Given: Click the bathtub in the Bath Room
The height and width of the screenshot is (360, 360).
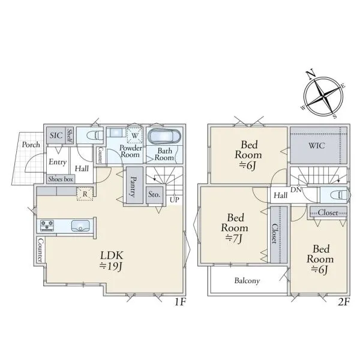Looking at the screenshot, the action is point(164,137).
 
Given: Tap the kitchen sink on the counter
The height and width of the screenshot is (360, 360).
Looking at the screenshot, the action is point(80,226).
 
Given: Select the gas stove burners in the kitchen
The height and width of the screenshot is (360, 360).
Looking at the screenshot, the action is point(47,225).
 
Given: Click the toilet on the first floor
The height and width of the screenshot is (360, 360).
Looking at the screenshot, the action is point(95,135).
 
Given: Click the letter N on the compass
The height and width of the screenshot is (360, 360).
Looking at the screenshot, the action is point(311,74).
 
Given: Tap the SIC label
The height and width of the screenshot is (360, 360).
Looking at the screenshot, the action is point(56,135).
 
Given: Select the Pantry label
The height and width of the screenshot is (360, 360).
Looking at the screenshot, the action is point(133,186).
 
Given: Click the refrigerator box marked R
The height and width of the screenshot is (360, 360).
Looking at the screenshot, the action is point(85,194).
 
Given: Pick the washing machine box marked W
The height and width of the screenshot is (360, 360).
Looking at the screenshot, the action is point(135,135).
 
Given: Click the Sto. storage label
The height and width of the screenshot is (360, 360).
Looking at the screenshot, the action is point(154,194).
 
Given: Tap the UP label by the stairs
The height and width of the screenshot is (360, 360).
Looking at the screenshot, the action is point(174,200).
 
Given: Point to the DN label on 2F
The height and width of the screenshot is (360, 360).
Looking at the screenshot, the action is point(296,190).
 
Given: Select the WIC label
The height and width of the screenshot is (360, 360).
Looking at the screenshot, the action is point(317,146).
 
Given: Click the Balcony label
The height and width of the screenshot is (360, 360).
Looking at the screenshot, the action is point(247,281).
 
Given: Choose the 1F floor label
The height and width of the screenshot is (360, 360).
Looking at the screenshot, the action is point(180,301).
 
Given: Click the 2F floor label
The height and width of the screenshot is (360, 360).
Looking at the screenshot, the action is point(343,301).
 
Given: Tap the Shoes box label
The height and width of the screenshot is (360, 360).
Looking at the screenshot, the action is point(61,179).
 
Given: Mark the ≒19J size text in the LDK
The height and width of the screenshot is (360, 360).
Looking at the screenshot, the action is point(112,266).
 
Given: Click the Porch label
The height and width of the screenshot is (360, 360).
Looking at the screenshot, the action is point(31,145).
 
